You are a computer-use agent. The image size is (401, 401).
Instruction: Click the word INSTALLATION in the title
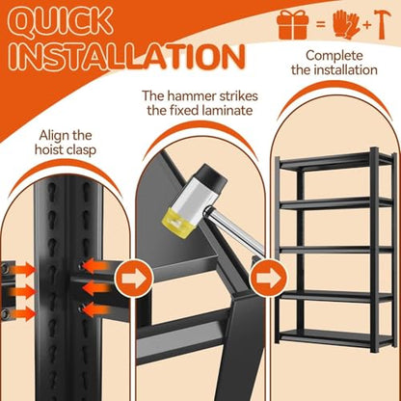coord(128,58)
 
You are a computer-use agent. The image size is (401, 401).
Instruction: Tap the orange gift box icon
coord(292,24)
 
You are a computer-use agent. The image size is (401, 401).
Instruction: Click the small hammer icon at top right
coord(383,24)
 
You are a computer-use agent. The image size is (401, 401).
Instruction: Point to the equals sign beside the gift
coord(320,24)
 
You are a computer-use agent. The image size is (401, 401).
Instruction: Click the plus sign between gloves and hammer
coord(367,25)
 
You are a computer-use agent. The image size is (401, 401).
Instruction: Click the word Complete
coord(334,56)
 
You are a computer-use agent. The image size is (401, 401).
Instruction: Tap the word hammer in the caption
coord(192,95)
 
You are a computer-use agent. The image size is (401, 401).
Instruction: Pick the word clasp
coord(80,150)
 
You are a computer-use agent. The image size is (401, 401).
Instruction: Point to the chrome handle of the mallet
coord(235,231)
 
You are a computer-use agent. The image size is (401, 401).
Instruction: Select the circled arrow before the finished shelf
coord(269,278)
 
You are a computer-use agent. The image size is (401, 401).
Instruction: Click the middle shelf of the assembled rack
coord(335,250)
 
